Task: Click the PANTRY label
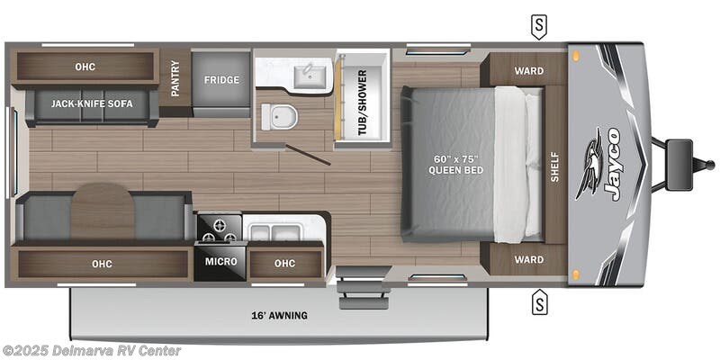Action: [x=175, y=79]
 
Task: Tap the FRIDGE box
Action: [x=221, y=80]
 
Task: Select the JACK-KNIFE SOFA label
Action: [x=92, y=104]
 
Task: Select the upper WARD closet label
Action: [x=528, y=70]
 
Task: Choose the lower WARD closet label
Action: [x=528, y=259]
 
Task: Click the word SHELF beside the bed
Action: [x=554, y=165]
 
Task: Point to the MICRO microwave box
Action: [x=220, y=262]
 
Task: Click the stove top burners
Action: [x=219, y=229]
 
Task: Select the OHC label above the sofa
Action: [x=85, y=67]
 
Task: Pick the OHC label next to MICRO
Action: [x=284, y=262]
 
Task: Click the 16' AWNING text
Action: [x=280, y=315]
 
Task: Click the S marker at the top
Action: [x=538, y=26]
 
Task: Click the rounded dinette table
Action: [x=102, y=212]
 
